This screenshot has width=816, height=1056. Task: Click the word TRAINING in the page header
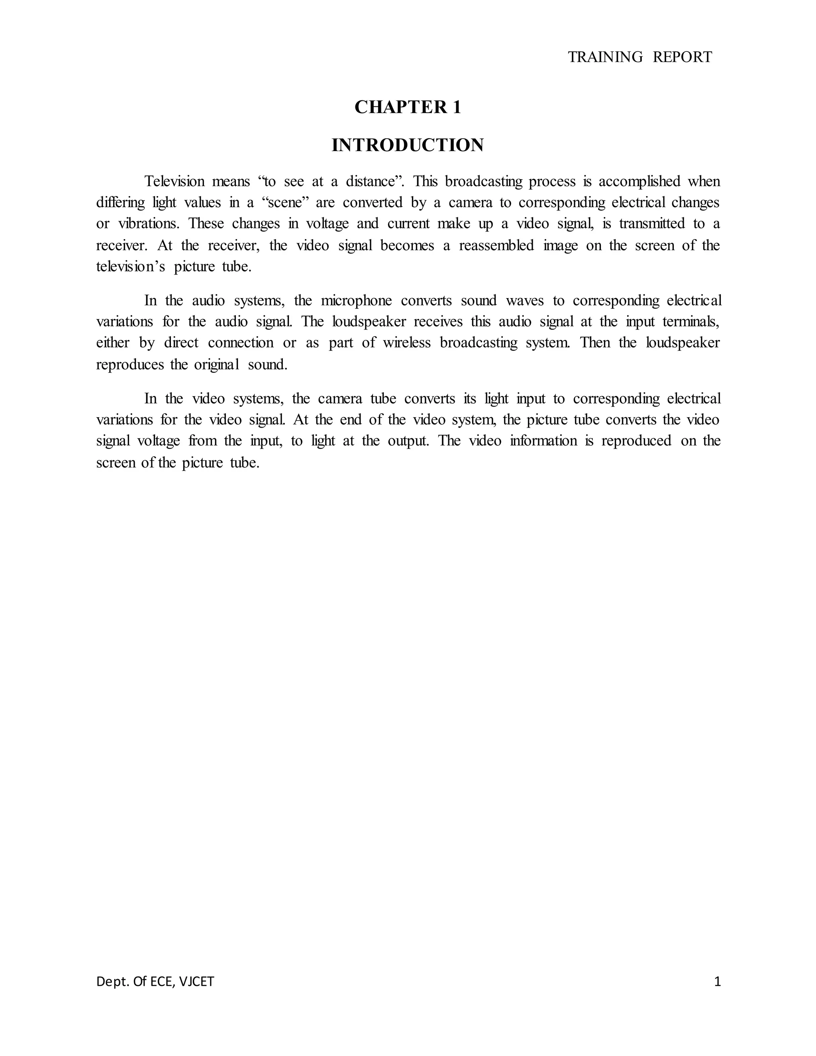tap(605, 57)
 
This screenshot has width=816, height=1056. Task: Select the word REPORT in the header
tap(682, 57)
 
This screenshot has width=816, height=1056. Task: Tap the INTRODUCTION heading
tap(408, 145)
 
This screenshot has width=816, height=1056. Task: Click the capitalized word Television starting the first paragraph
tap(175, 181)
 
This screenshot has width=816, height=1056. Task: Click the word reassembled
tap(496, 245)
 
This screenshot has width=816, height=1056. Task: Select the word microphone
tap(356, 300)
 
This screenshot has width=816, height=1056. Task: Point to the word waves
tap(524, 300)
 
